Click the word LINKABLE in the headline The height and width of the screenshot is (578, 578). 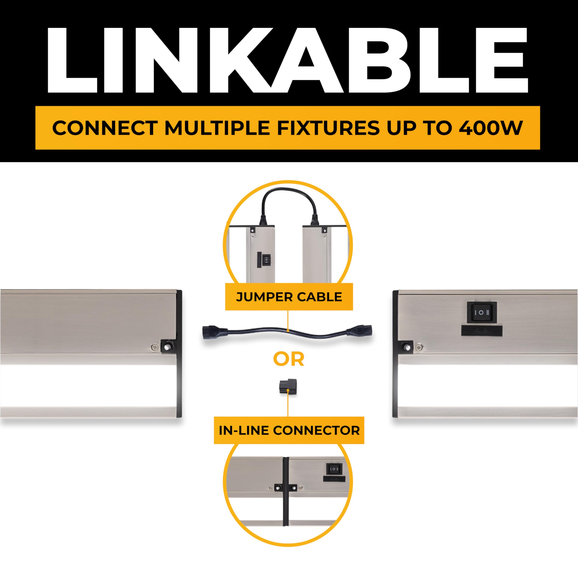pyautogui.click(x=287, y=60)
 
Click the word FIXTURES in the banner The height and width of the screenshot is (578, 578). pyautogui.click(x=328, y=128)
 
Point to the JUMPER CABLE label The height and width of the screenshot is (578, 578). pyautogui.click(x=289, y=297)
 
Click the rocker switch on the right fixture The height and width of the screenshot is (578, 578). pyautogui.click(x=482, y=312)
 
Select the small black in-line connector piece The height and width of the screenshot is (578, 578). pyautogui.click(x=288, y=387)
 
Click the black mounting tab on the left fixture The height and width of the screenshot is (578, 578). pyautogui.click(x=168, y=346)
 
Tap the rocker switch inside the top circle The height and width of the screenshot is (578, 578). pyautogui.click(x=266, y=259)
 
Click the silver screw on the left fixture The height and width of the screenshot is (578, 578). pyautogui.click(x=154, y=347)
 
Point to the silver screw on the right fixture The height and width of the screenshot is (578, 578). pyautogui.click(x=418, y=347)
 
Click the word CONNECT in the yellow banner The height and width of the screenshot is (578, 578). pyautogui.click(x=105, y=128)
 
